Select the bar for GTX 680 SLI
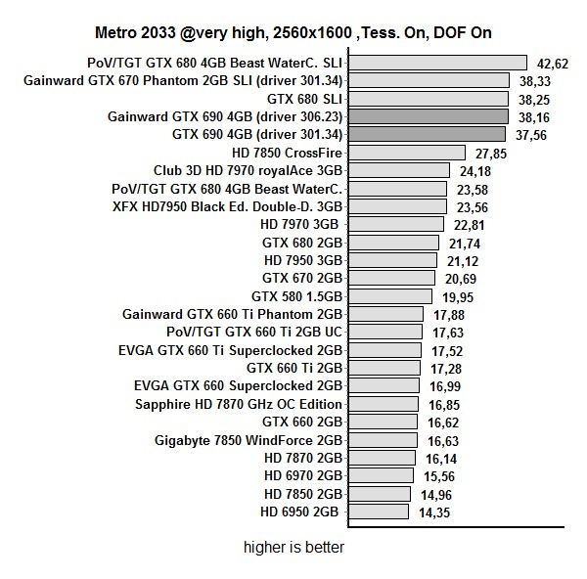coord(429,99)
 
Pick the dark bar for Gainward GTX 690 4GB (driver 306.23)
coord(428,116)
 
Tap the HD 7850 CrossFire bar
coord(406,153)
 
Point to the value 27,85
coord(490,154)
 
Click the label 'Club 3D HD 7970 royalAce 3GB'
coord(248,170)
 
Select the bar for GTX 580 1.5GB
coord(389,295)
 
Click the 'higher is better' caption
coord(293,548)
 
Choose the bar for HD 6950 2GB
coord(378,512)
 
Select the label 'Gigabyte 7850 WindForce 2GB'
coord(248,440)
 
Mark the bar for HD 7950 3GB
coord(392,260)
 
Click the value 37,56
coord(531,135)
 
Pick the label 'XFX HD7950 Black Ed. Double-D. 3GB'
coord(227,206)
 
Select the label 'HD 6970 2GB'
coord(303,475)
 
